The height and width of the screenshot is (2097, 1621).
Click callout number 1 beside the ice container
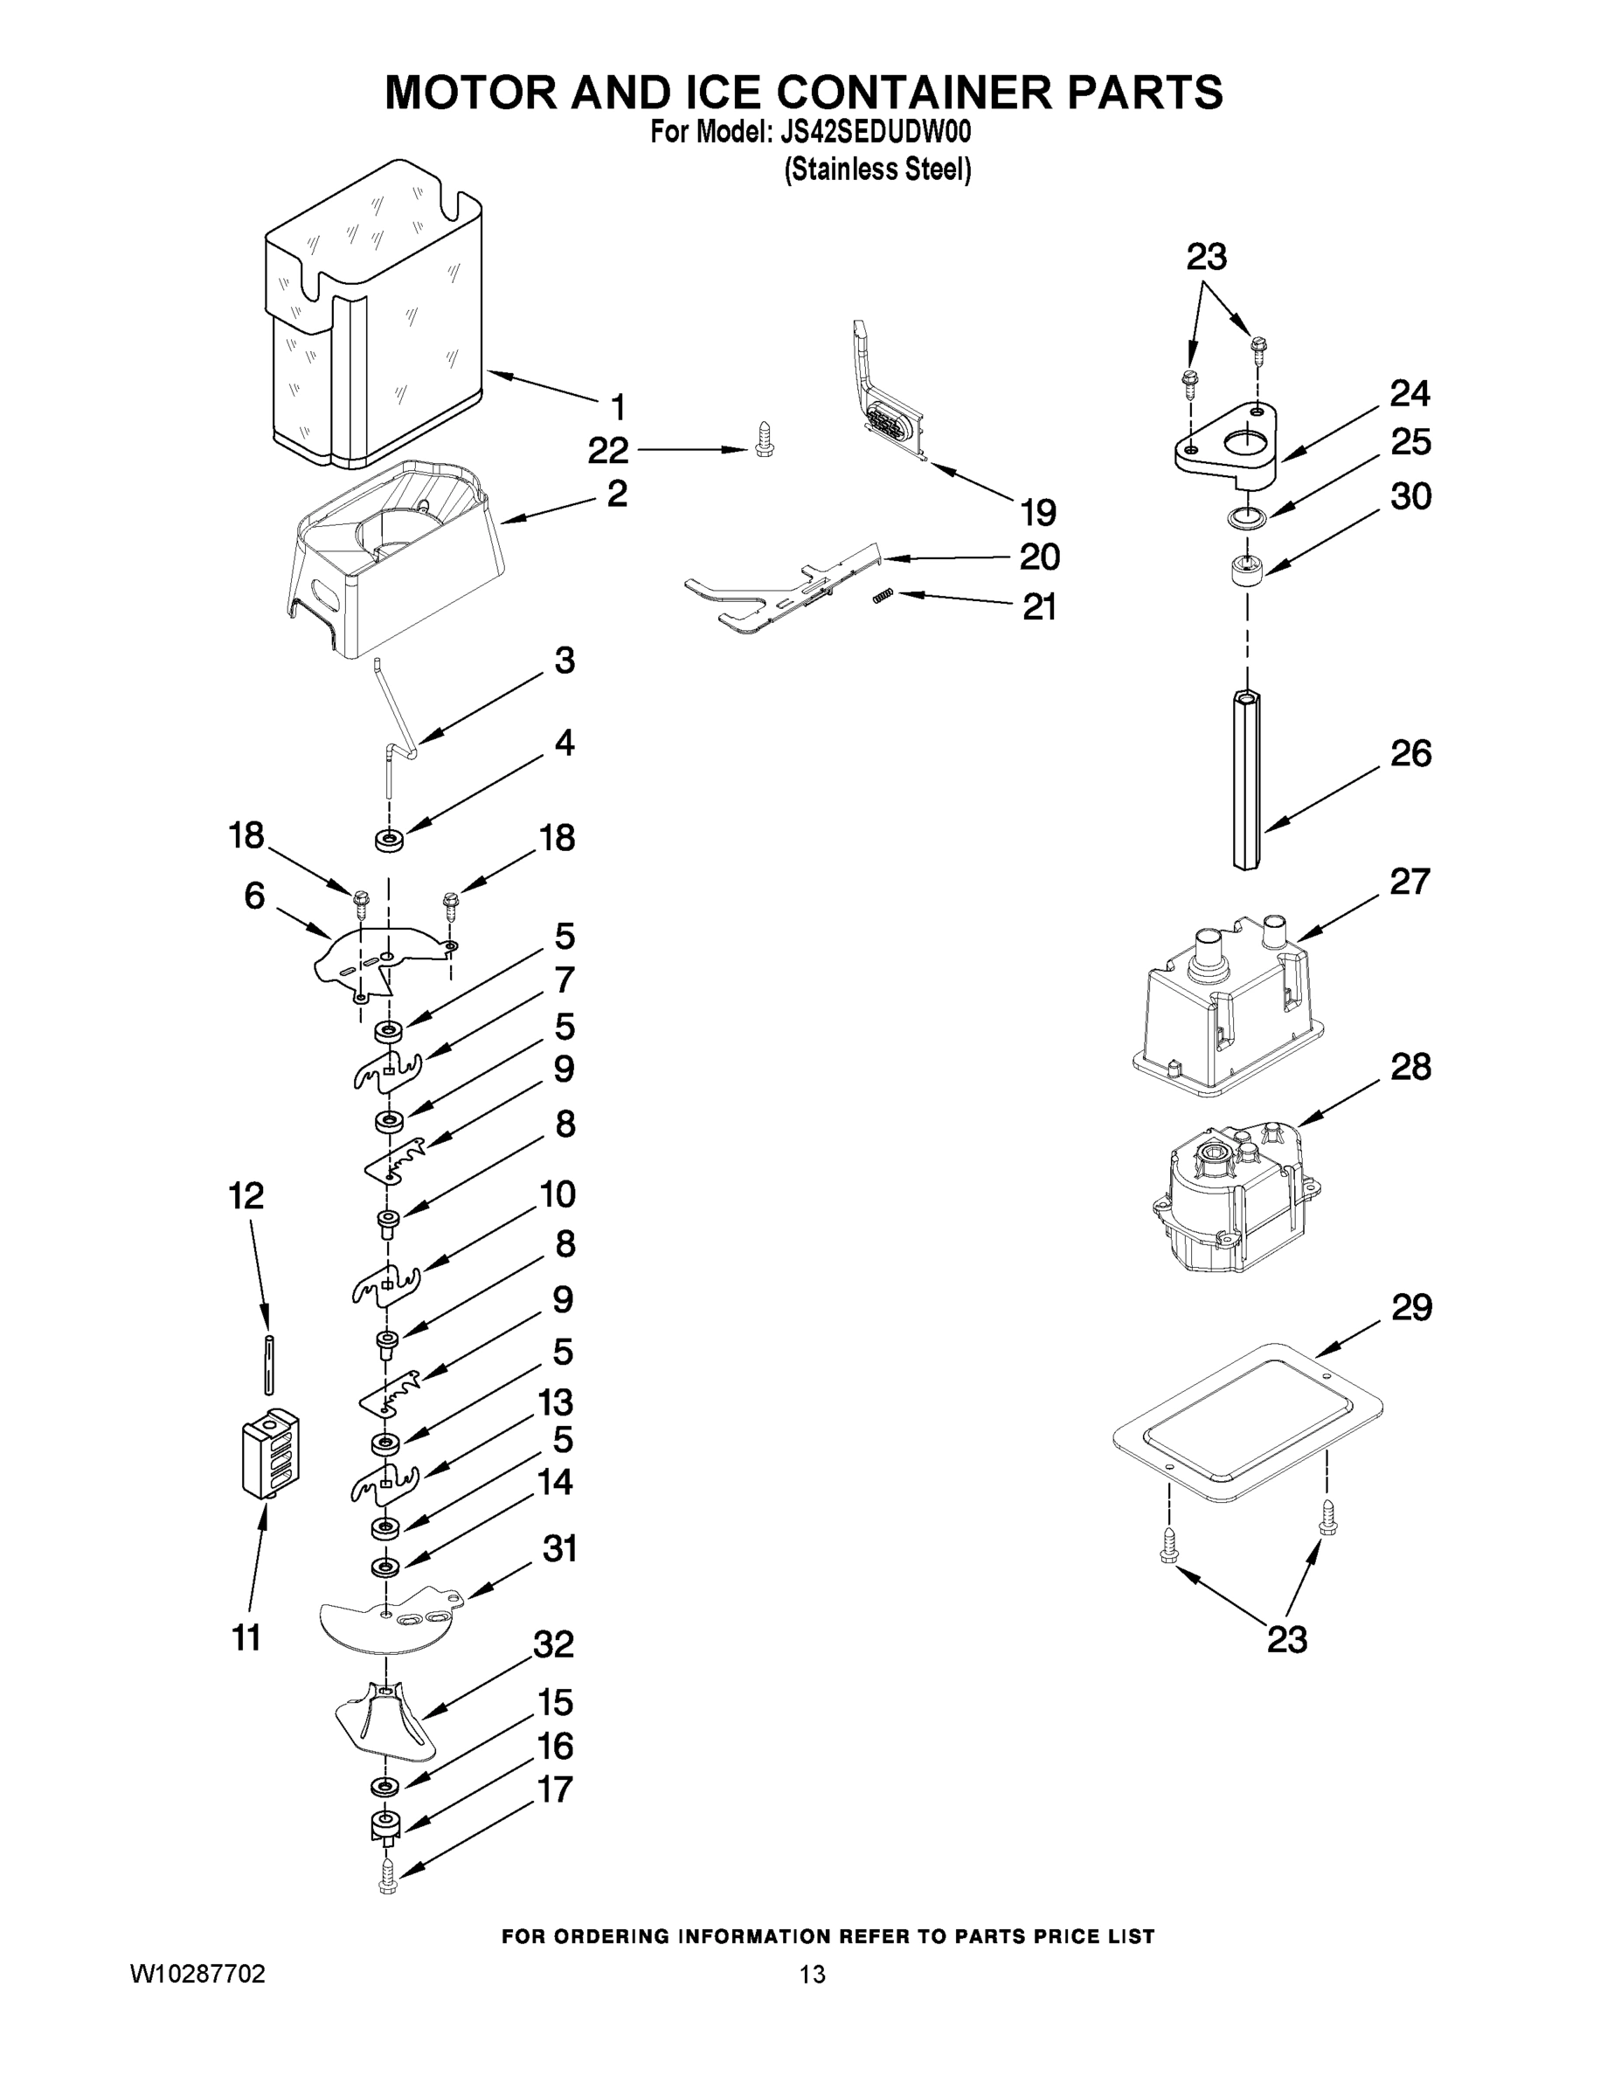click(x=619, y=407)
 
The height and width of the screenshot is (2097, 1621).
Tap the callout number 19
click(x=1038, y=513)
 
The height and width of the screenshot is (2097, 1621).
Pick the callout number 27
click(x=1410, y=882)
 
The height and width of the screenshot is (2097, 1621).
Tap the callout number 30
click(x=1410, y=496)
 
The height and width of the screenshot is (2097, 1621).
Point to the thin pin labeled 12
click(x=270, y=1363)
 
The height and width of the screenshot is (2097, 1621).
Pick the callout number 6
click(x=254, y=895)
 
